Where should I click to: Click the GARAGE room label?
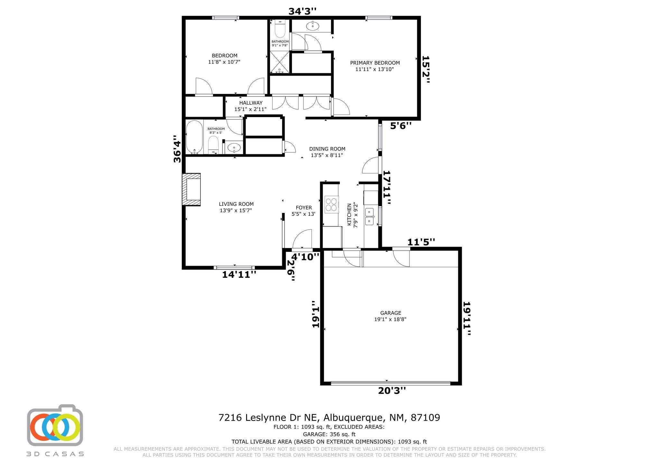click(391, 313)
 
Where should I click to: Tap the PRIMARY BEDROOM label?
click(375, 63)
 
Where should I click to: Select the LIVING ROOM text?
click(236, 204)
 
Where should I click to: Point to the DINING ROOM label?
click(327, 149)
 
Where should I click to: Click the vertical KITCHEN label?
click(349, 214)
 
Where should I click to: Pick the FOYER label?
click(304, 208)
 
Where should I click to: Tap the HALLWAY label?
click(251, 103)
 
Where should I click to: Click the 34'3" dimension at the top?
click(302, 11)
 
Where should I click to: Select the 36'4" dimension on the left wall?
click(177, 149)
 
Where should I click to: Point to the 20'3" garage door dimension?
click(392, 391)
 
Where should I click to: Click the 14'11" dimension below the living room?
click(239, 275)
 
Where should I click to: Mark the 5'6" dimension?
click(401, 126)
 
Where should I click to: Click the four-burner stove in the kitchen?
click(331, 204)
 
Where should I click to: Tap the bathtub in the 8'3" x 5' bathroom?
click(194, 137)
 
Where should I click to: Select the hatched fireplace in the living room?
click(191, 190)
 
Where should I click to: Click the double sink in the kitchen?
click(369, 216)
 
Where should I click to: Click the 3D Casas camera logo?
click(55, 425)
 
